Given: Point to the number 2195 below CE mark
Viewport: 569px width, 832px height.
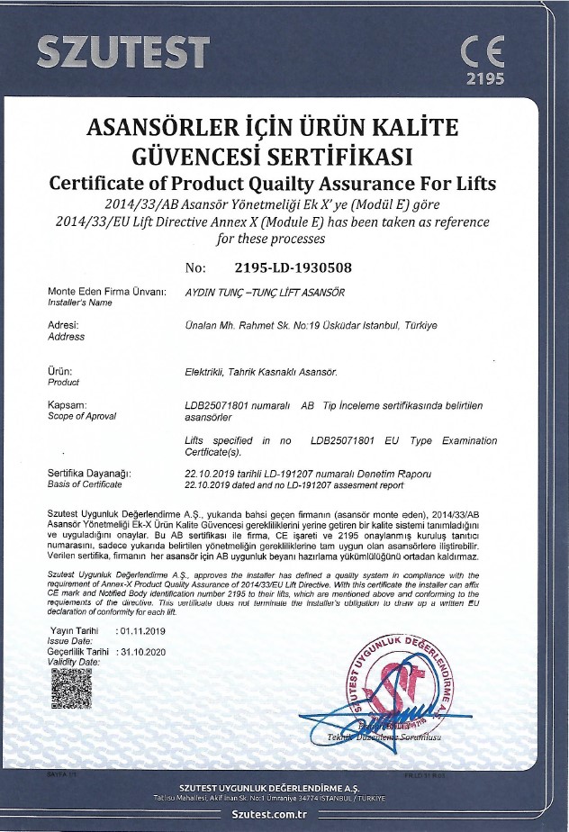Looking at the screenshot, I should click(484, 78).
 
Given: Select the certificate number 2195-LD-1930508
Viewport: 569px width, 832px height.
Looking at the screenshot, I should click(293, 267).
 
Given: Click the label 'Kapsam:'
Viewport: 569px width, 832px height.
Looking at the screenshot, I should click(68, 405).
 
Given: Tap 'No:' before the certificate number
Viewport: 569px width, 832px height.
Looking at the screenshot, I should click(195, 267).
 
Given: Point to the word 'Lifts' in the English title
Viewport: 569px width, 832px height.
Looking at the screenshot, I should click(465, 183).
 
